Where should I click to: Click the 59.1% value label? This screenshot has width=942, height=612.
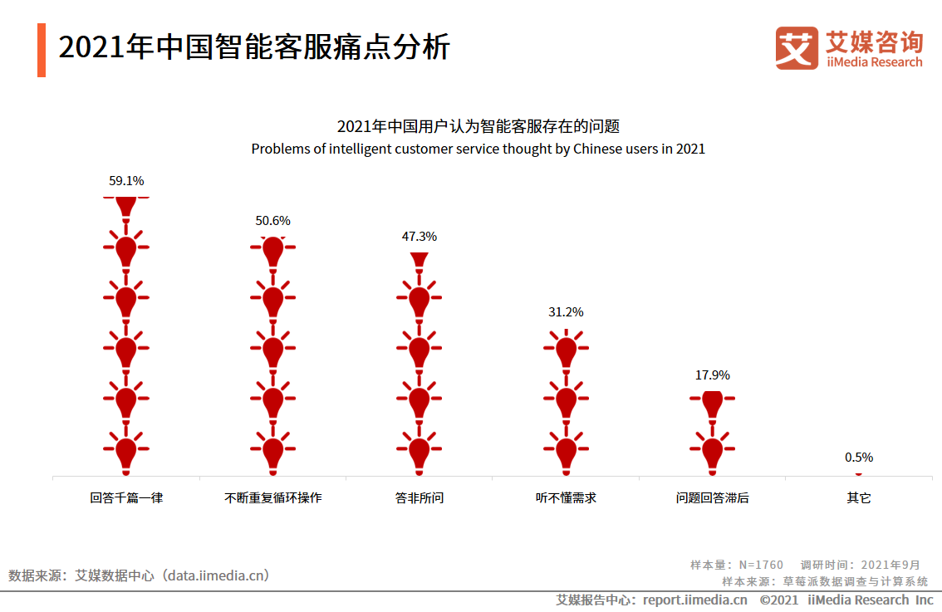click(126, 180)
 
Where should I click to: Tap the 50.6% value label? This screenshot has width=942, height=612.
click(272, 221)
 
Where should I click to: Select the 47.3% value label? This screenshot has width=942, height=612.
click(419, 237)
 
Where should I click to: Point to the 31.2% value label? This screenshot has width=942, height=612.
click(566, 312)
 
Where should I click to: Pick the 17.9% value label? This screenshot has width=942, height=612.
click(712, 375)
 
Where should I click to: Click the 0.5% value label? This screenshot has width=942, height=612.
click(859, 458)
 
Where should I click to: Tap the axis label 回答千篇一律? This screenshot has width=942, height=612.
click(126, 498)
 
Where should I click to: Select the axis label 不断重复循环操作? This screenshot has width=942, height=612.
click(272, 498)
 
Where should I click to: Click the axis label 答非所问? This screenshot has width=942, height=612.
click(419, 498)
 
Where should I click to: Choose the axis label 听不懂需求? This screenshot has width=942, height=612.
click(566, 498)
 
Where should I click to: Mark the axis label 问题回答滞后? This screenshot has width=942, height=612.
click(712, 498)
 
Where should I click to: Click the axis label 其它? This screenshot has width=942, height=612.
click(859, 498)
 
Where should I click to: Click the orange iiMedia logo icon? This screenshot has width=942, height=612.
click(797, 48)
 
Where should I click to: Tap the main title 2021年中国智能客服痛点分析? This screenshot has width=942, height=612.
click(253, 47)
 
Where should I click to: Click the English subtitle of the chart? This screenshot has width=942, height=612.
click(478, 149)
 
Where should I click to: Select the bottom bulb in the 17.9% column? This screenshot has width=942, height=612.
click(712, 451)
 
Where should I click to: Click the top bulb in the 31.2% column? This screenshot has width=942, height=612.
click(566, 350)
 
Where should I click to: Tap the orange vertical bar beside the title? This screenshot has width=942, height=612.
click(42, 50)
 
